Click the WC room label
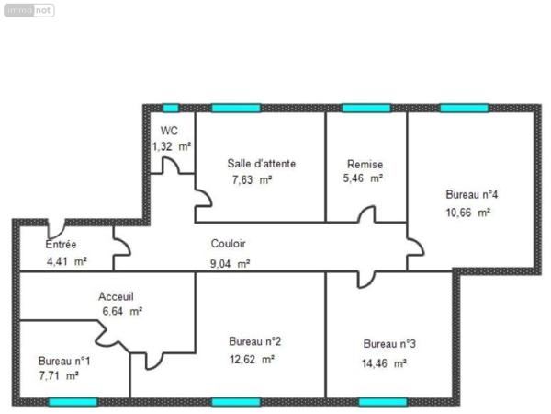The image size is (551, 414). [170, 131]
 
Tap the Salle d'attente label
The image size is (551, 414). [262, 164]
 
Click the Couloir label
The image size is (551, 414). [229, 244]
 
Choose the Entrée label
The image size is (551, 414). [62, 245]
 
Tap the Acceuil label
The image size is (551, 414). [117, 296]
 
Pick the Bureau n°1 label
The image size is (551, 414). [63, 361]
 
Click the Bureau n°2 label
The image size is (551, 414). [254, 341]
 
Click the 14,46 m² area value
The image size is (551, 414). [384, 363]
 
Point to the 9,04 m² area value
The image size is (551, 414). [231, 263]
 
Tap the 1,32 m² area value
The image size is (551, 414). [172, 146]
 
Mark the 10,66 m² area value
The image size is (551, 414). [467, 212]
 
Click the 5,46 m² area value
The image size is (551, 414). [363, 179]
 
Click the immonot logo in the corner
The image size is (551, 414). [28, 10]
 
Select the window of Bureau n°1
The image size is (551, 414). [73, 402]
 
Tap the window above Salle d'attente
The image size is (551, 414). [236, 108]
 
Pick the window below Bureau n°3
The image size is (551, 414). [382, 402]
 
